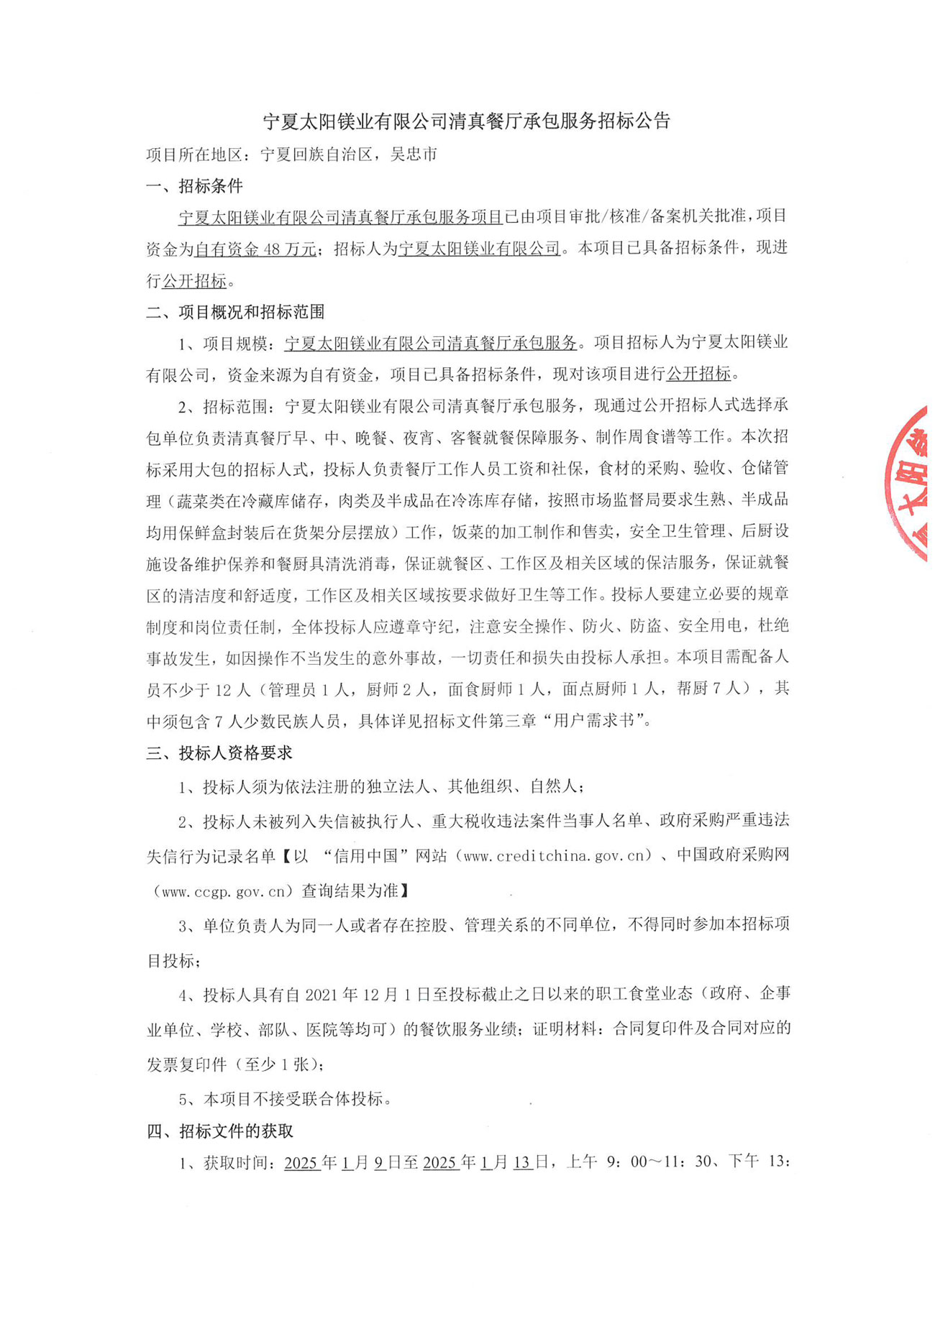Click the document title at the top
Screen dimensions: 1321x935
tap(466, 121)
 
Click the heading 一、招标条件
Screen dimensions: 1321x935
tap(194, 186)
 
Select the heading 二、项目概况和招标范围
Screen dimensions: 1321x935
tap(235, 312)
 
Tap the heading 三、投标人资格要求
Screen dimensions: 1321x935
tap(219, 753)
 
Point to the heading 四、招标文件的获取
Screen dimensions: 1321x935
tap(219, 1131)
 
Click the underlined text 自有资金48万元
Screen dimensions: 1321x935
tap(255, 249)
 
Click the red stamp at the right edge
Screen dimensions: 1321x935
tap(910, 482)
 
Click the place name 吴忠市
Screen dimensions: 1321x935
tap(414, 155)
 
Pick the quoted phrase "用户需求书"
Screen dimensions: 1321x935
tap(594, 720)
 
